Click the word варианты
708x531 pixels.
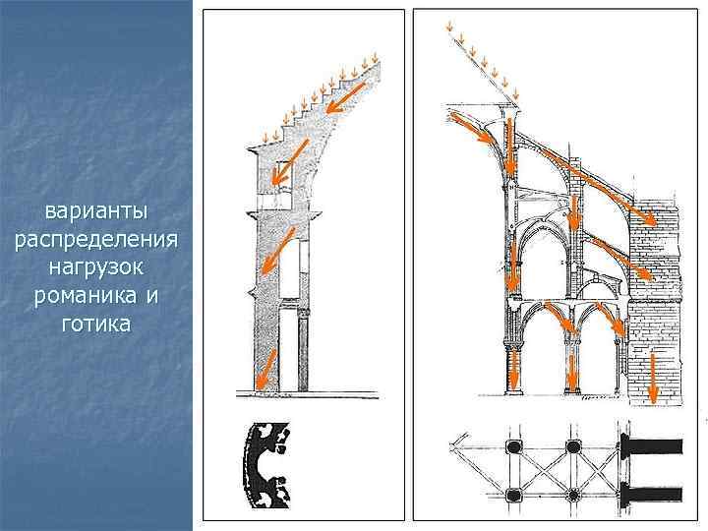(96, 211)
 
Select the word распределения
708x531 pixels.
(96, 240)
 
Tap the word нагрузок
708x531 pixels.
(96, 267)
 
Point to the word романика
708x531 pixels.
(86, 296)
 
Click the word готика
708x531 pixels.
(96, 324)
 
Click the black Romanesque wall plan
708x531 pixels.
(266, 465)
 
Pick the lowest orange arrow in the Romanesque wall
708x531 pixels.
(265, 370)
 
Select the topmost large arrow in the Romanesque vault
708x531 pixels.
(345, 97)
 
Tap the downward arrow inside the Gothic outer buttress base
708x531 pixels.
(653, 378)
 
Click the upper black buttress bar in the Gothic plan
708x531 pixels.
(651, 445)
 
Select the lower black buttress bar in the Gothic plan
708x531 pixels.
(651, 495)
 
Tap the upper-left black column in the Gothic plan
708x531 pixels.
(514, 446)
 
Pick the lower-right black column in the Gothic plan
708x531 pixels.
(572, 495)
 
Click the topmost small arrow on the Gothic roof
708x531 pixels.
(449, 27)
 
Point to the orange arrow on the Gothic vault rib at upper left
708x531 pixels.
(471, 128)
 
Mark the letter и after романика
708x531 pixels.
(152, 296)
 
